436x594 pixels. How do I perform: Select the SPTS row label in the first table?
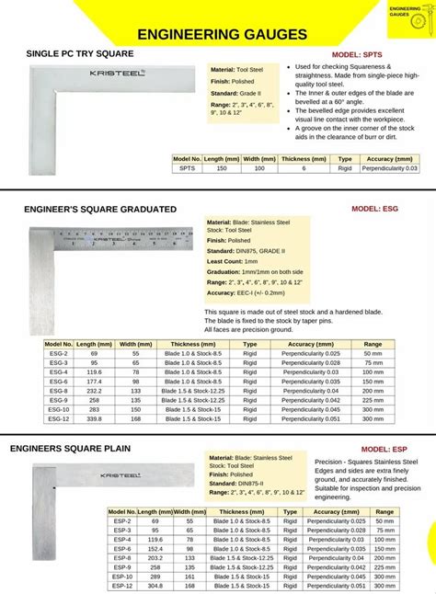coord(187,168)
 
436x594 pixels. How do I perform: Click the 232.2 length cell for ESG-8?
coord(95,391)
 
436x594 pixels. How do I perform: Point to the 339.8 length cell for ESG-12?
coord(95,418)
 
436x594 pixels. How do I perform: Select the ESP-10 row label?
coord(121,577)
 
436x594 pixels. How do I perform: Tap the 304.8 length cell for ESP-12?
coord(155,586)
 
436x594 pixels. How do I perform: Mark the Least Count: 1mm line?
coord(234,262)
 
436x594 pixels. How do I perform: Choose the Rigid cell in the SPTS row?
coord(320,168)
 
